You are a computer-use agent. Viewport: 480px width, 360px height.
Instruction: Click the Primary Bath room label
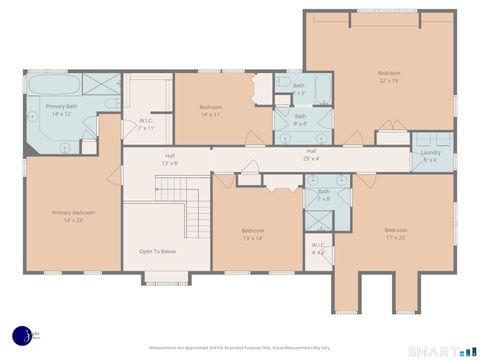click(62, 109)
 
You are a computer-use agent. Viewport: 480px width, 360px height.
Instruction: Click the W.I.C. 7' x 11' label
click(146, 125)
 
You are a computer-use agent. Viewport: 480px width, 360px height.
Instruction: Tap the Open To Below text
click(157, 251)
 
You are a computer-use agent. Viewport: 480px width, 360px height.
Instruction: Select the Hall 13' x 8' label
click(171, 159)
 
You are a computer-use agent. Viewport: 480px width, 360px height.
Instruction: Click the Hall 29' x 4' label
click(311, 153)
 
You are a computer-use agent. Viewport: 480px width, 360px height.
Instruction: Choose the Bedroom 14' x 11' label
click(210, 110)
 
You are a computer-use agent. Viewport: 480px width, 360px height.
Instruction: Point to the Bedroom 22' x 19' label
click(388, 77)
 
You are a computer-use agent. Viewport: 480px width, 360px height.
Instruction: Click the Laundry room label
click(430, 155)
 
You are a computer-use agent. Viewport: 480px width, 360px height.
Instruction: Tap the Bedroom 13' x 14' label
click(252, 235)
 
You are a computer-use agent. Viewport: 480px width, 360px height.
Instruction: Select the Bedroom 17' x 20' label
click(395, 233)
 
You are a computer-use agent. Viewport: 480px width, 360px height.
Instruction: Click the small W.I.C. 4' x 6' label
click(318, 247)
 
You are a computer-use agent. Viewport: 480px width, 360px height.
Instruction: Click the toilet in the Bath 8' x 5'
click(282, 85)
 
